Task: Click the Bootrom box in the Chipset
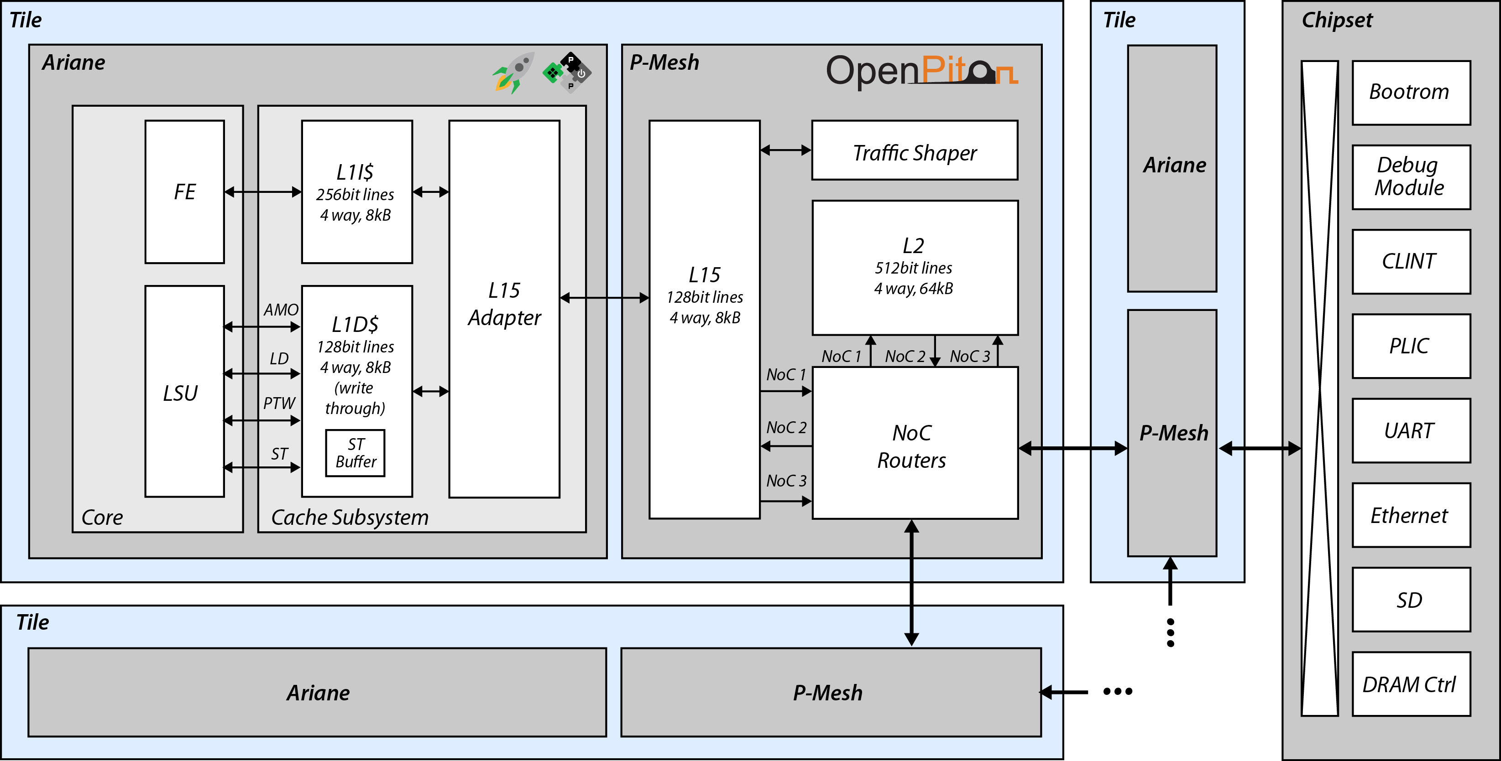1411,93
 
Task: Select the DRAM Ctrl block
1411,684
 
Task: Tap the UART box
1411,431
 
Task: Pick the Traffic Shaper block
914,150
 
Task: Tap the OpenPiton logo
920,71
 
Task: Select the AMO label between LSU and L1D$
281,310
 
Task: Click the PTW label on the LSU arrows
279,403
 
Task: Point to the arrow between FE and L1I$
263,192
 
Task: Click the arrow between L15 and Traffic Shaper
785,150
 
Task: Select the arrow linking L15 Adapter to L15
604,298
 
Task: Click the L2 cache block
914,267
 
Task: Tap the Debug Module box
1411,177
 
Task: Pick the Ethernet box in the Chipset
1411,515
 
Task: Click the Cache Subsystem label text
350,518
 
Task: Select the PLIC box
1411,347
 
